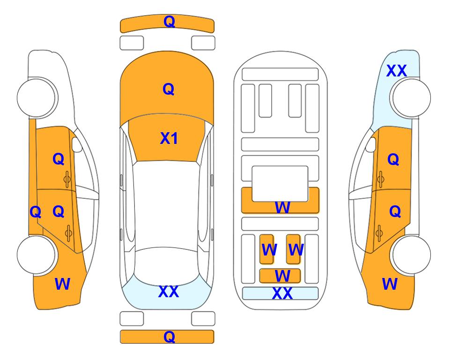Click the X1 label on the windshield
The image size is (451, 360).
pyautogui.click(x=169, y=138)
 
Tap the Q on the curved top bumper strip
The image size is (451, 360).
pyautogui.click(x=169, y=21)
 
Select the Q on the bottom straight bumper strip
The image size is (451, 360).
pyautogui.click(x=169, y=337)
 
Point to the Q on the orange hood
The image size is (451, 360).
pyautogui.click(x=169, y=89)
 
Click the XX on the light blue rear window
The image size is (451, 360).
pyautogui.click(x=169, y=292)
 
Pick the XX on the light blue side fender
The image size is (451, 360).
pyautogui.click(x=396, y=71)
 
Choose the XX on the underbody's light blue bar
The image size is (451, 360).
pyautogui.click(x=282, y=293)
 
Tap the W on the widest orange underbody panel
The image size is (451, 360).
pyautogui.click(x=282, y=207)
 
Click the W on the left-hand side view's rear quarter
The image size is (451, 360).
pyautogui.click(x=62, y=284)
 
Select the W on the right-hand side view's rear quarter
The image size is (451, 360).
pyautogui.click(x=390, y=284)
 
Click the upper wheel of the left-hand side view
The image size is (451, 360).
pyautogui.click(x=37, y=97)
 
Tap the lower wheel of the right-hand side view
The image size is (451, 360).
pyautogui.click(x=411, y=255)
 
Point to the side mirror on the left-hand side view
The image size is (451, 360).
pyautogui.click(x=77, y=144)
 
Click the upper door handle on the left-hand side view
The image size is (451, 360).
pyautogui.click(x=67, y=179)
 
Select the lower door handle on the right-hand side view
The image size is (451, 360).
pyautogui.click(x=379, y=233)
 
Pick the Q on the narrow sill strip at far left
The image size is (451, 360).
pyautogui.click(x=36, y=212)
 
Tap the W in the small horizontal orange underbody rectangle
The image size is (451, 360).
pyautogui.click(x=282, y=276)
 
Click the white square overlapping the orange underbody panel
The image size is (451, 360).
pyautogui.click(x=280, y=183)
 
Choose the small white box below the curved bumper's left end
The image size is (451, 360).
pyautogui.click(x=132, y=43)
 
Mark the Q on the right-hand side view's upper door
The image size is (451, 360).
pyautogui.click(x=393, y=159)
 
